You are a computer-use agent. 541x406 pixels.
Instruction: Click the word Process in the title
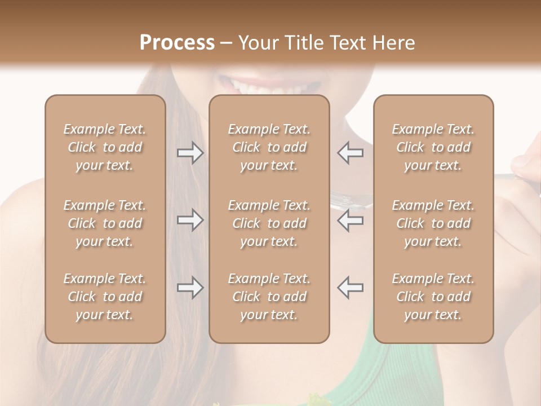(176, 42)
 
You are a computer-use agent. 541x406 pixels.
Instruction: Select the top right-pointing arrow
(190, 153)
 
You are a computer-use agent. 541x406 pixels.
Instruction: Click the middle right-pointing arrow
(190, 220)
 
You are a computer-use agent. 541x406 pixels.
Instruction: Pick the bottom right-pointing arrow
(190, 288)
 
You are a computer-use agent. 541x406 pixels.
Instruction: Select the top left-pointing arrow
(350, 153)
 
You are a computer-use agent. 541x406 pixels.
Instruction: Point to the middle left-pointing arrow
(350, 220)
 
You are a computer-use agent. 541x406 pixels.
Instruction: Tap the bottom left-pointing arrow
(350, 287)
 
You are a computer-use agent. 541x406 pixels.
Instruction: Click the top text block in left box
(105, 147)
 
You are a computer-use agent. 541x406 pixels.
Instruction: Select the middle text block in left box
(105, 223)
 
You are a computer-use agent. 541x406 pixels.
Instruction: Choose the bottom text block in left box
(105, 297)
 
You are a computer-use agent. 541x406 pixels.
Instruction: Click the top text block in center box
(269, 147)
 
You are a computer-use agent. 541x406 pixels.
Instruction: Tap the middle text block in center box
(269, 223)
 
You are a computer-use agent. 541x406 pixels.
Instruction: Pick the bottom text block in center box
(269, 297)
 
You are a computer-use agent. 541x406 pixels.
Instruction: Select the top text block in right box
(433, 147)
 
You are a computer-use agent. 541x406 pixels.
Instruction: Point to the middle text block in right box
(433, 223)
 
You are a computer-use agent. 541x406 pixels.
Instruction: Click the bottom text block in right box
(433, 297)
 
